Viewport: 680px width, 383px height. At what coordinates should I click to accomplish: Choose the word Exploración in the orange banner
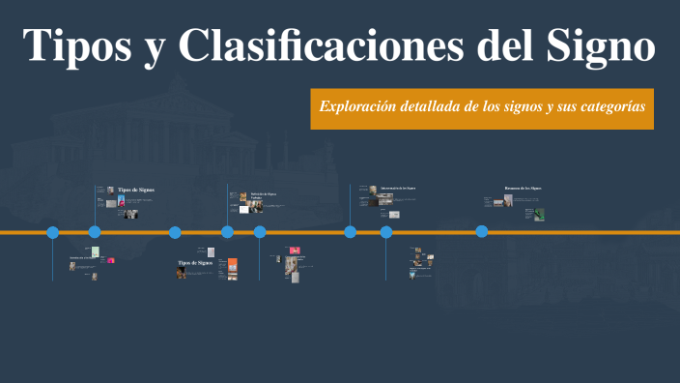coord(363,106)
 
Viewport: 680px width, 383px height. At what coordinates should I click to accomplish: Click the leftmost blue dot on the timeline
coord(53,232)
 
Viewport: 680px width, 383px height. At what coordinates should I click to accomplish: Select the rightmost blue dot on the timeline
coord(482,231)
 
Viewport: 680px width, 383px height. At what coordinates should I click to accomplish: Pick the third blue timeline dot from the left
coord(175,232)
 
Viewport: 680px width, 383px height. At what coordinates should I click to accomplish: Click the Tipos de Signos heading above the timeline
coord(135,190)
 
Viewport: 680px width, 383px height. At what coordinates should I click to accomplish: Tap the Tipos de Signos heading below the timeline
coord(195,263)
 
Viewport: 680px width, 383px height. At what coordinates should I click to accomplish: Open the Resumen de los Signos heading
coord(523,188)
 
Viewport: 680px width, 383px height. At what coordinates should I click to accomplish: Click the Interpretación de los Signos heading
coord(397,188)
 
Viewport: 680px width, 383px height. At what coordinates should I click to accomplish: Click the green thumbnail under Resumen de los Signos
coord(539,215)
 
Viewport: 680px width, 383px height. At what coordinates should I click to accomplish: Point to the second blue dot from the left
coord(95,232)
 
